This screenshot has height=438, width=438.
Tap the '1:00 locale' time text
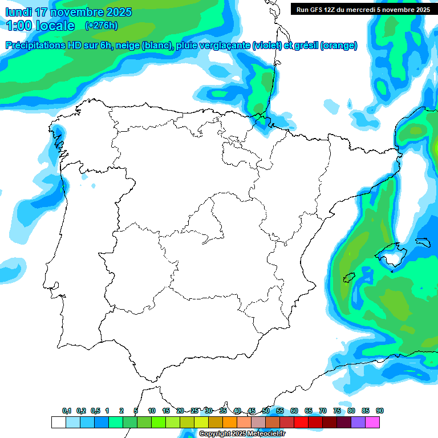coord(40,26)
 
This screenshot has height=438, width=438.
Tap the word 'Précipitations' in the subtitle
coord(36,46)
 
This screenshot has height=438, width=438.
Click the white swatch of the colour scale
coord(58,422)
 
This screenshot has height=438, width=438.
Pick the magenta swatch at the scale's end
coord(372,422)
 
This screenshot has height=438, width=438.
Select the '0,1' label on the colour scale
coord(67,411)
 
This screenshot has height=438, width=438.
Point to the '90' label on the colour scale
coord(380,411)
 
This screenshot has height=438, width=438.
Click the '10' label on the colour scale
coord(152,411)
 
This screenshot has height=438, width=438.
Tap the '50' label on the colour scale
coord(266,411)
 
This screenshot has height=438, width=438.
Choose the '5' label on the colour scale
coord(136,411)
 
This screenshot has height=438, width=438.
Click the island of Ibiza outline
coord(349,278)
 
